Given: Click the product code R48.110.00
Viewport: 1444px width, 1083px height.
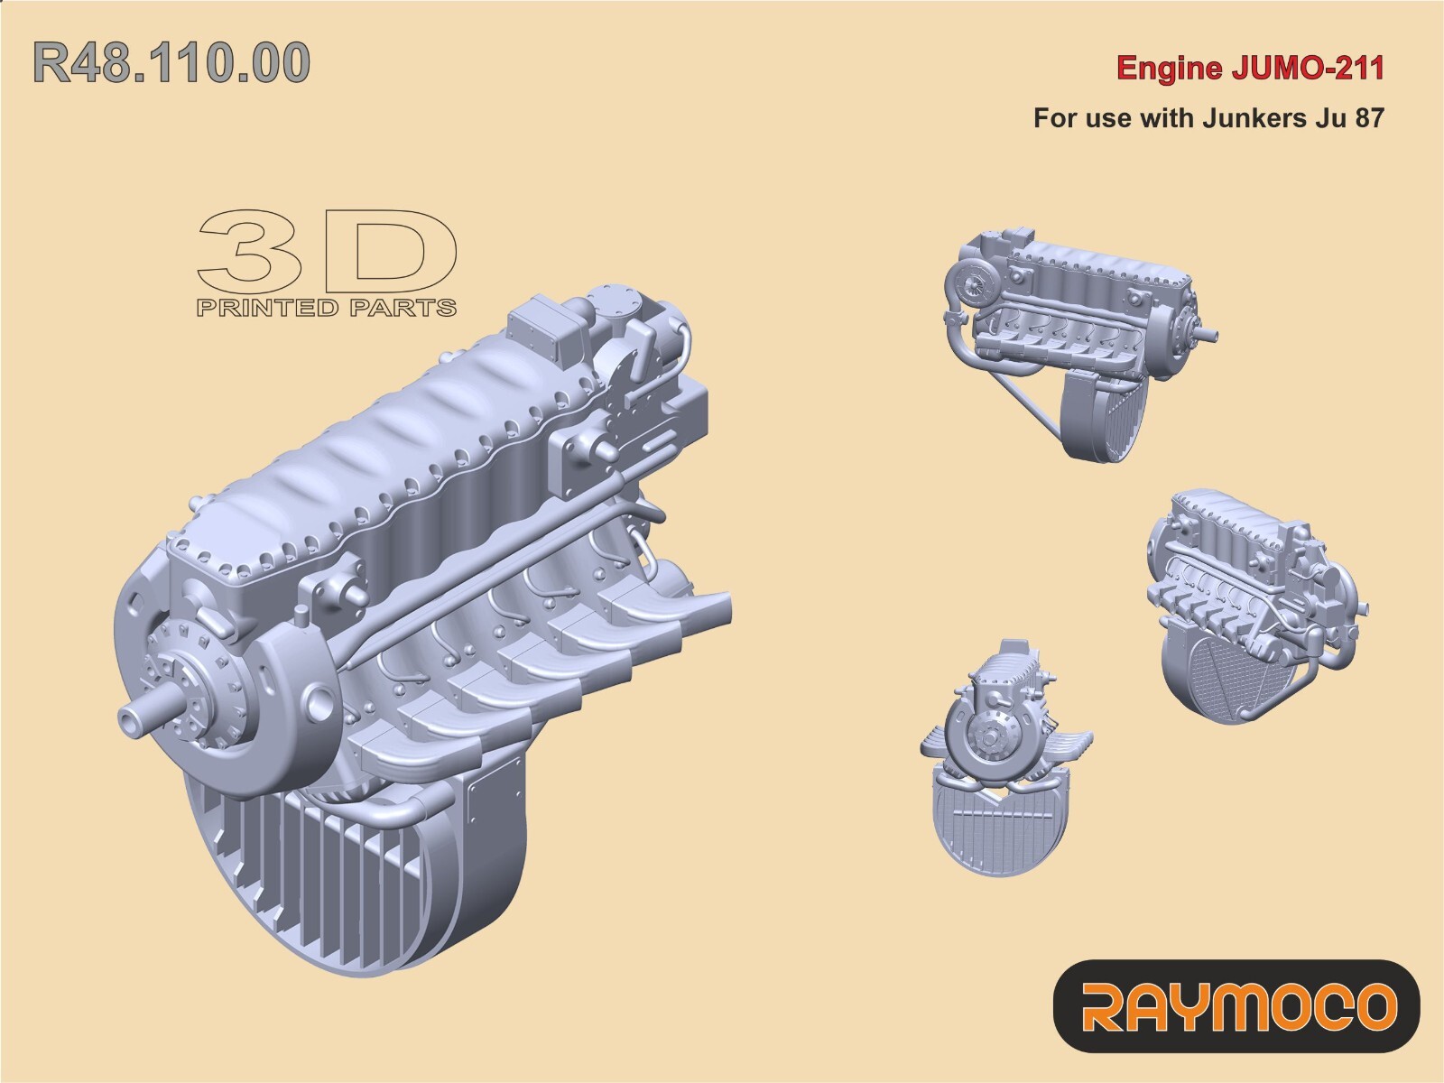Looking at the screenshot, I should (x=171, y=63).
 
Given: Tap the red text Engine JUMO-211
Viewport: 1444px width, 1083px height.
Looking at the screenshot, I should (x=1250, y=69).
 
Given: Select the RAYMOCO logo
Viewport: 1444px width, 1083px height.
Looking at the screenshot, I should (x=1237, y=1005).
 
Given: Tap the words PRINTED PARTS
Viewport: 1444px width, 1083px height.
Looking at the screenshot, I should (x=326, y=309).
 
